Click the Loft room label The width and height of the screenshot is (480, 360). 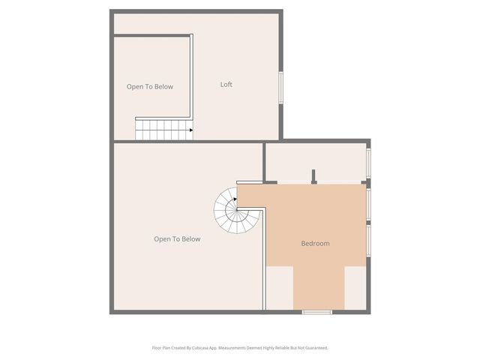(226, 85)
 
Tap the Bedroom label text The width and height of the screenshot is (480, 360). (315, 243)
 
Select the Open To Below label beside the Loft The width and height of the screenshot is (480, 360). (149, 87)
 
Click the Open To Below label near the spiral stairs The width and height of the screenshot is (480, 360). (177, 239)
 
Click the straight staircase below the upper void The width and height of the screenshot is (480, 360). (163, 130)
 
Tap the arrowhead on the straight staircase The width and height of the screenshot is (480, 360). (191, 130)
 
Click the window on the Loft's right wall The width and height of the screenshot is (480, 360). (282, 87)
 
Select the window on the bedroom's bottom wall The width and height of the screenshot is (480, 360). (316, 311)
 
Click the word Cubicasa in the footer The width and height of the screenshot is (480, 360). (196, 348)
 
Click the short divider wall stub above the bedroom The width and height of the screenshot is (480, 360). (314, 175)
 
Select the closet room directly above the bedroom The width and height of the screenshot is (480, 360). (315, 161)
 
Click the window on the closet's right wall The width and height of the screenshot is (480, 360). (368, 161)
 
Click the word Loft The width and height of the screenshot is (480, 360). (226, 85)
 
